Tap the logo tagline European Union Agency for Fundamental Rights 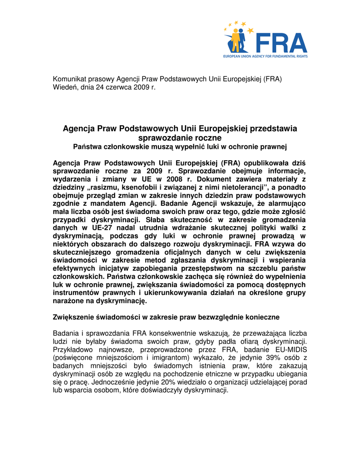(265, 56)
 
